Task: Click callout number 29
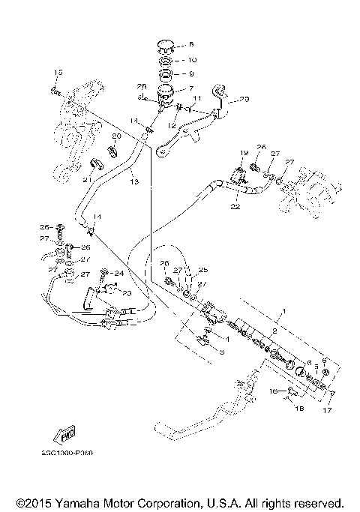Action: coord(242,99)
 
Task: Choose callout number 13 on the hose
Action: coord(132,181)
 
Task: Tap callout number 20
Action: coord(115,136)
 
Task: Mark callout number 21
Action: coord(86,179)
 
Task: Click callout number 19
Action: coord(244,153)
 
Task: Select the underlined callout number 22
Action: coord(234,205)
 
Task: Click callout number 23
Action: coord(126,293)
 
